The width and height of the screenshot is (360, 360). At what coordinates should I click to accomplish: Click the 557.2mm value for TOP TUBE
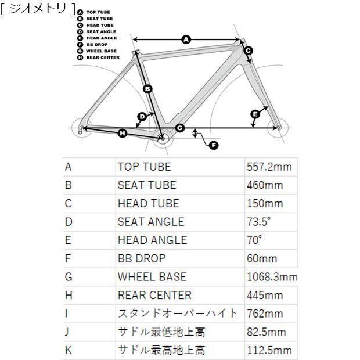point(269,167)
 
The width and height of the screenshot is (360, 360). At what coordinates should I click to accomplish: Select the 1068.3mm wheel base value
point(272,277)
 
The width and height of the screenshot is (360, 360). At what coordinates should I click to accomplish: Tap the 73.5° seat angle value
point(258,222)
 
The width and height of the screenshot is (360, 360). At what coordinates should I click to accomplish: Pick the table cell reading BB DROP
point(142,258)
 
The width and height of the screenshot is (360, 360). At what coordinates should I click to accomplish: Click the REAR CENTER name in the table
point(154,295)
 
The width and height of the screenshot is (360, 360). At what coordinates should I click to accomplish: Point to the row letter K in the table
point(69,350)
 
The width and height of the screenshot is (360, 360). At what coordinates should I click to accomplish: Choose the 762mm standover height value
point(265,314)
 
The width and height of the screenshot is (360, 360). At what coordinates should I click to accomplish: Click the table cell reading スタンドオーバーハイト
point(178,314)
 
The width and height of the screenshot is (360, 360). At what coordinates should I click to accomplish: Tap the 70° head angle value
point(254,240)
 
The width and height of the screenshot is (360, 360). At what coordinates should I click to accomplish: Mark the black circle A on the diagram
point(186,39)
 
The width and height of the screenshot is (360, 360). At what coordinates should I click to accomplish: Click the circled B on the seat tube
point(147,89)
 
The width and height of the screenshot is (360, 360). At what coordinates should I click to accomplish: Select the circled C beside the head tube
point(248,51)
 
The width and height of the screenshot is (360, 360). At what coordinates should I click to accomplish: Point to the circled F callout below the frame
point(214,145)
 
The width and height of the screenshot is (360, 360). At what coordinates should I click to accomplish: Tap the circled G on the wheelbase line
point(180,128)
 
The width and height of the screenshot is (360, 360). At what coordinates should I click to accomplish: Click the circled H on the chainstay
point(123,133)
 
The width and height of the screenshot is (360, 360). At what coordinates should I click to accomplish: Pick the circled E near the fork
point(255,114)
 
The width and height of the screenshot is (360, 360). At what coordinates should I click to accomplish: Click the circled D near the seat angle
point(142,117)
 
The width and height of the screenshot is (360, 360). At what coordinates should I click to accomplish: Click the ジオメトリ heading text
point(38,9)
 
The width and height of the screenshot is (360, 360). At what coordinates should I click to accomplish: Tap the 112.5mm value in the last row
point(269,350)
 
